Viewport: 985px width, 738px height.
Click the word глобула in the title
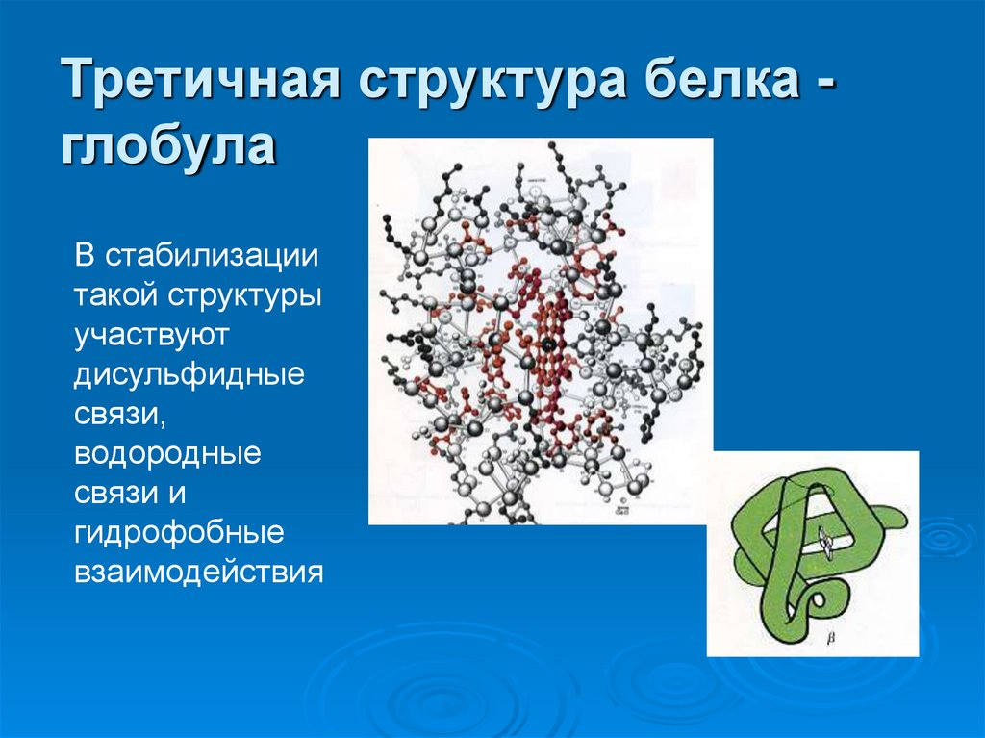click(x=169, y=147)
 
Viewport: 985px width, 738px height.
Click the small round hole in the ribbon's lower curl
click(x=819, y=603)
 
